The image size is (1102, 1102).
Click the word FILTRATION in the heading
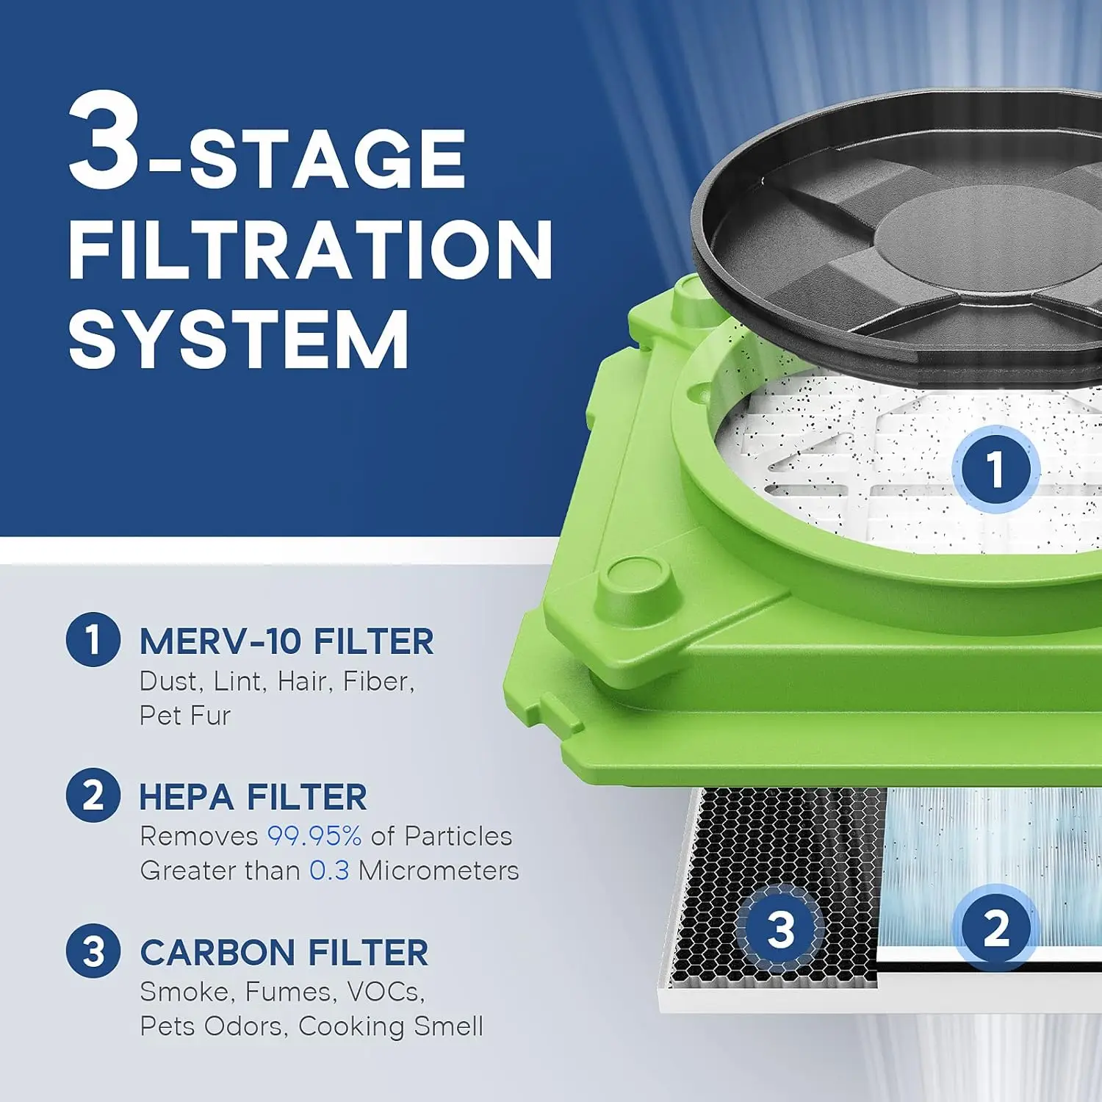[310, 249]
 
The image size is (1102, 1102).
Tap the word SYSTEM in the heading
[239, 339]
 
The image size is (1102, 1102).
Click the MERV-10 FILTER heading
[287, 641]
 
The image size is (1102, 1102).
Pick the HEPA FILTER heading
[253, 797]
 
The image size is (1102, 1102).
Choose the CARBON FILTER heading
[284, 953]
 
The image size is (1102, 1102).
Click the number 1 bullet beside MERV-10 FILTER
[93, 639]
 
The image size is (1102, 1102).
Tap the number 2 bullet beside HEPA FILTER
[93, 795]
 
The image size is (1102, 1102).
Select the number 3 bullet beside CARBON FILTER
[93, 951]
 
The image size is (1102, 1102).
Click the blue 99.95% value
[314, 836]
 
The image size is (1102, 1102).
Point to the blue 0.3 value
[328, 871]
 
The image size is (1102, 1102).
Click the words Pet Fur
[185, 716]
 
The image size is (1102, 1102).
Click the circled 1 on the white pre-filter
[995, 469]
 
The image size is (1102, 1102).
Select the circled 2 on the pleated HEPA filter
[995, 928]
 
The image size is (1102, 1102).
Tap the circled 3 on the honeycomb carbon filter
[780, 929]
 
